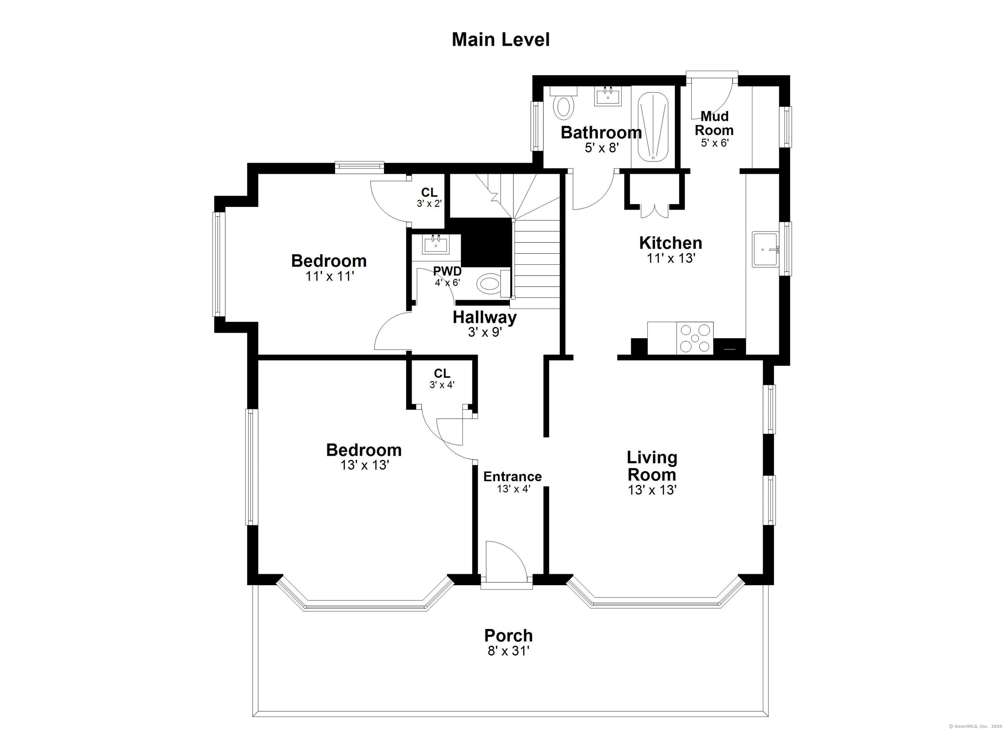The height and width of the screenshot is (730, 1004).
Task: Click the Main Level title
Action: pyautogui.click(x=501, y=40)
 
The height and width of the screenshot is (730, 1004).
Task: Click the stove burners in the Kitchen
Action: pyautogui.click(x=695, y=338)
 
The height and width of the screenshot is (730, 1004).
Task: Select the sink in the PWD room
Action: pyautogui.click(x=436, y=244)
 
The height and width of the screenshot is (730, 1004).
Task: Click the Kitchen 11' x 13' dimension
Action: pyautogui.click(x=671, y=258)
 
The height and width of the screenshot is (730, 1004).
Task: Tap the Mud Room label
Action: pyautogui.click(x=714, y=123)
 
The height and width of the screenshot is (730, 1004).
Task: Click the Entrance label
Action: pyautogui.click(x=512, y=477)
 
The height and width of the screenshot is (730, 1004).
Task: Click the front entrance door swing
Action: pyautogui.click(x=505, y=560)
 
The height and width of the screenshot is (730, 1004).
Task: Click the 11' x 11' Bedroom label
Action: pyautogui.click(x=329, y=261)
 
